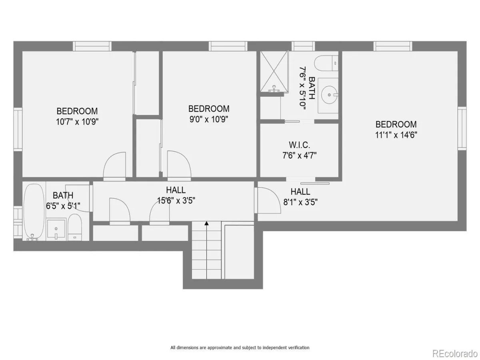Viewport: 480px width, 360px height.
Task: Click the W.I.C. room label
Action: point(299,145)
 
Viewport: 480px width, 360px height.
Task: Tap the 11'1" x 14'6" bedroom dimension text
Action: point(396,135)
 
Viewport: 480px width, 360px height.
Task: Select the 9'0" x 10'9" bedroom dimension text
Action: point(209,119)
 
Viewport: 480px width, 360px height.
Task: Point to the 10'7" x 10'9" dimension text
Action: point(77,122)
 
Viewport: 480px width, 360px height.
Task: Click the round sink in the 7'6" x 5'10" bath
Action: point(329,95)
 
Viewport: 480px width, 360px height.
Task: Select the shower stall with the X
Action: point(274,71)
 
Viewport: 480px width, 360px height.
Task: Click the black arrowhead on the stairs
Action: point(206,223)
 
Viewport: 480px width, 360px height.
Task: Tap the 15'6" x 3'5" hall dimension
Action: point(176,201)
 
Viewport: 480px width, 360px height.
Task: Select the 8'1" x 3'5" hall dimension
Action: point(300,202)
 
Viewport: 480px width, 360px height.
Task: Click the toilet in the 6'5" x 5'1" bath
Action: point(74,228)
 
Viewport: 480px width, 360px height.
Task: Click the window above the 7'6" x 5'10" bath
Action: point(303,46)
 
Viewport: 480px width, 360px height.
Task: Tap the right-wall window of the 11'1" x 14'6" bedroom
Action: point(462,128)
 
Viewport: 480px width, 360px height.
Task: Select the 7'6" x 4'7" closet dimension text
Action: point(299,156)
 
